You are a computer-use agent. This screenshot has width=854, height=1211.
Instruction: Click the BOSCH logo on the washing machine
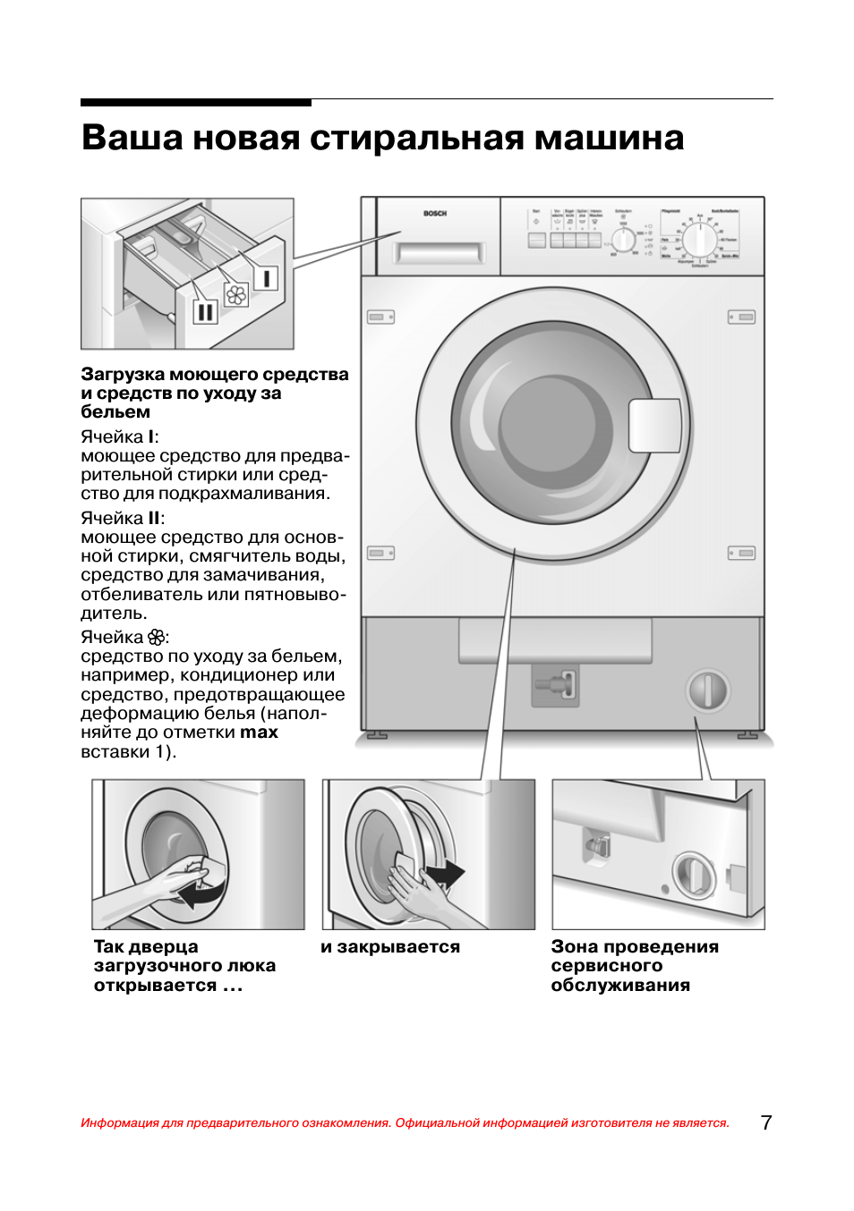(x=435, y=214)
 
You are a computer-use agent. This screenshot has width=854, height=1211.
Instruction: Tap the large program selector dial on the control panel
(x=701, y=240)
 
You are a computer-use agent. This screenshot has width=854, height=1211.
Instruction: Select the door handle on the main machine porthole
(x=654, y=426)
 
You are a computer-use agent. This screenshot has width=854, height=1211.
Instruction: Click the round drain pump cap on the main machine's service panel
(x=708, y=691)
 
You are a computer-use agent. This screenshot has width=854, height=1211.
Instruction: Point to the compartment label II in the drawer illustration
(x=205, y=311)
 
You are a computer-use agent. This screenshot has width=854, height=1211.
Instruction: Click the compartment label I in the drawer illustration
(x=266, y=278)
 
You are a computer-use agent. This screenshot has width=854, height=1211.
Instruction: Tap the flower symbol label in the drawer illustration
(x=236, y=294)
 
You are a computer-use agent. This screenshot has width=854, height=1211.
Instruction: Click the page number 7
(x=766, y=1122)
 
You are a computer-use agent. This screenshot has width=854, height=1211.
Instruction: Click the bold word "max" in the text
(x=259, y=733)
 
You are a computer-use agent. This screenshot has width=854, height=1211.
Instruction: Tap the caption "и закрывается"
(x=390, y=946)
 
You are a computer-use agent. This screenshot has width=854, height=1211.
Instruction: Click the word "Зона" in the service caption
(x=575, y=946)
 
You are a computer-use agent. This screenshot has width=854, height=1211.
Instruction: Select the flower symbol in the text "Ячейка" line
(x=156, y=638)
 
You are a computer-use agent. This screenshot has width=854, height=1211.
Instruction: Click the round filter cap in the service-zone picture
(x=694, y=873)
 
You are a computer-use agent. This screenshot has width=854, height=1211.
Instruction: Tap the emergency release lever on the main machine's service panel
(x=557, y=686)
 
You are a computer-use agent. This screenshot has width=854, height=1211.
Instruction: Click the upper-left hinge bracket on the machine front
(x=380, y=318)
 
